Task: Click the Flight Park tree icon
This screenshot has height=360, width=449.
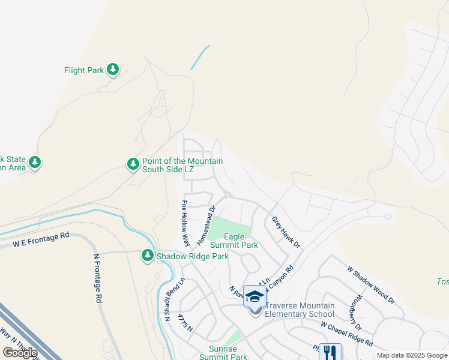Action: click(x=113, y=70)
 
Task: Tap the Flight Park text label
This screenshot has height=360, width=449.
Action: click(x=84, y=70)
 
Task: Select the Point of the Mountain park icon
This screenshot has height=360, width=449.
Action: click(x=133, y=164)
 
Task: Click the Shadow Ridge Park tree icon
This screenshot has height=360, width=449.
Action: click(x=147, y=256)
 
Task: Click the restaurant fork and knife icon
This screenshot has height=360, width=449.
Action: click(x=330, y=352)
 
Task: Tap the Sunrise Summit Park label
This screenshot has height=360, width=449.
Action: click(x=220, y=352)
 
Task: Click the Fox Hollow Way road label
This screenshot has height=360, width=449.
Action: click(x=185, y=223)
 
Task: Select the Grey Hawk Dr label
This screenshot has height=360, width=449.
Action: click(x=286, y=233)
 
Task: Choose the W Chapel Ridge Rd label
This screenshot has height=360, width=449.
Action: click(x=346, y=334)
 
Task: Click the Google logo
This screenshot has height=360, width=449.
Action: click(x=20, y=353)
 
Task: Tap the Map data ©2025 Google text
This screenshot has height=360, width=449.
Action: click(x=411, y=355)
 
